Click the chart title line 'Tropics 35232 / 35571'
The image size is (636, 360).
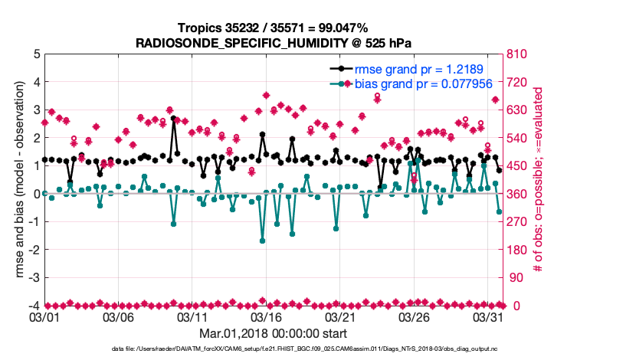[x=274, y=28]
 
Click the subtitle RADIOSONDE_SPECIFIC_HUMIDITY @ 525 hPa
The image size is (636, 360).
[x=274, y=43]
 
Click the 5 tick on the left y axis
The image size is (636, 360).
[x=36, y=54]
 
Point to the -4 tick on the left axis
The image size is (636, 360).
[x=34, y=306]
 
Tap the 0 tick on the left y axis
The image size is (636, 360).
[x=36, y=194]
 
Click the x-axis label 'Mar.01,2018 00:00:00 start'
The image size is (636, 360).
[x=274, y=333]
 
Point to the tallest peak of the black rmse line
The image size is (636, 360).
[x=174, y=119]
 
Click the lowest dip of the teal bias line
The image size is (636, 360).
[x=262, y=241]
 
